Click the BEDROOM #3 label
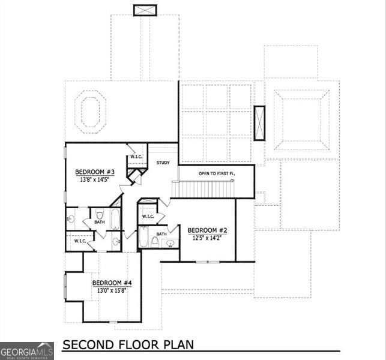(93, 170)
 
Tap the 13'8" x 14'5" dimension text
(93, 178)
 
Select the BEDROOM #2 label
(207, 230)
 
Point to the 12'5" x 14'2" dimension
(207, 238)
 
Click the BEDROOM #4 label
(112, 283)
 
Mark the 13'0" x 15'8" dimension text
(112, 290)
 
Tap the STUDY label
(163, 163)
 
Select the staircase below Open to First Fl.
(204, 189)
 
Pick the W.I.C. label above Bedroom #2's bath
(148, 217)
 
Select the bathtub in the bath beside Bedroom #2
(143, 238)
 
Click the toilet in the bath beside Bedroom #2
(155, 241)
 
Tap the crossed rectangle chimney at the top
(145, 10)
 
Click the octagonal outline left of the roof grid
(90, 109)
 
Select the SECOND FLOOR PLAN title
(128, 345)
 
